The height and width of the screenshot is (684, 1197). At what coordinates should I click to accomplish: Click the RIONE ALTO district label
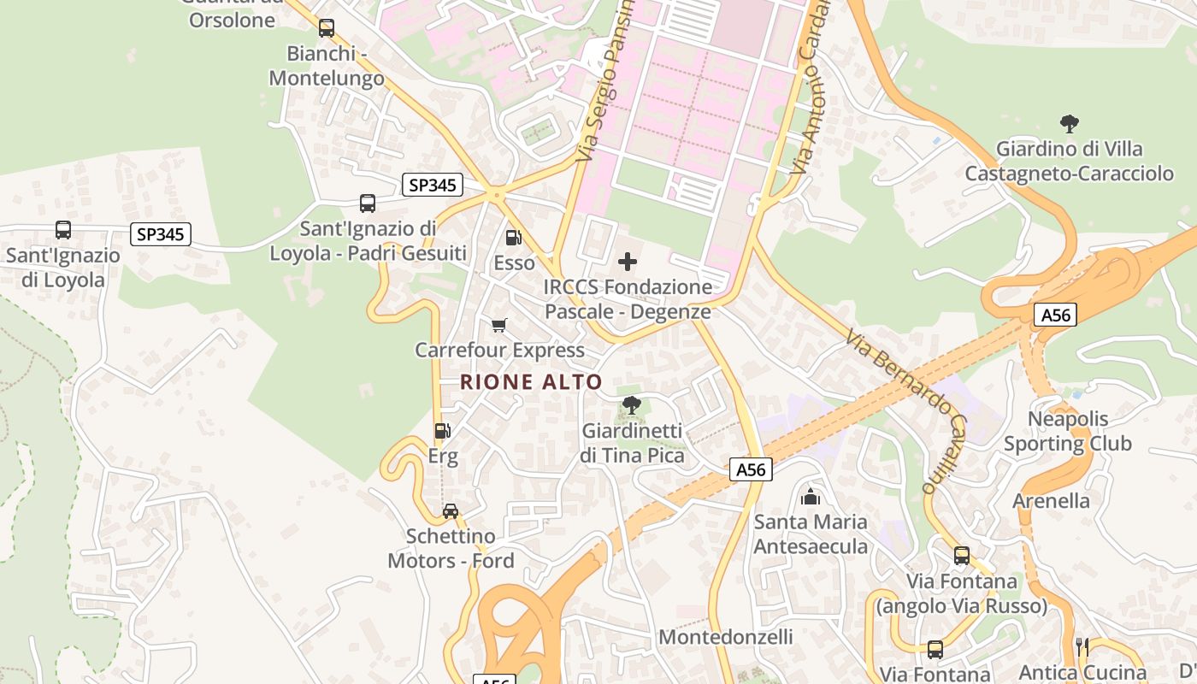click(x=531, y=381)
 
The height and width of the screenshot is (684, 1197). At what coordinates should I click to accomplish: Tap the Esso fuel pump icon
click(x=513, y=238)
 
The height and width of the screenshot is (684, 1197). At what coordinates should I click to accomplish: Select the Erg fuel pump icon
click(x=442, y=431)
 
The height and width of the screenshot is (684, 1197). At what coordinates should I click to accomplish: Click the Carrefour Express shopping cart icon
click(x=499, y=325)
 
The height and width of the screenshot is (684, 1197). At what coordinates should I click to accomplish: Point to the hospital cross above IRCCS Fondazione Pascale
click(x=628, y=262)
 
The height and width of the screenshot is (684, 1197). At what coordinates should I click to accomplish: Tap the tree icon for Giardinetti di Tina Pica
click(x=632, y=405)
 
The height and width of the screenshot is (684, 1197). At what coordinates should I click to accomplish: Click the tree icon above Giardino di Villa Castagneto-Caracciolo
click(x=1069, y=124)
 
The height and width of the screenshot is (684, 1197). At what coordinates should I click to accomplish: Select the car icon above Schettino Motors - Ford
click(x=450, y=511)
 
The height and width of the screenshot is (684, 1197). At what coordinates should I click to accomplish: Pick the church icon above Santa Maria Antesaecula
click(x=811, y=496)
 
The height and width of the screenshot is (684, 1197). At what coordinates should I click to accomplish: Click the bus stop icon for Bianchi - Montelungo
click(x=326, y=28)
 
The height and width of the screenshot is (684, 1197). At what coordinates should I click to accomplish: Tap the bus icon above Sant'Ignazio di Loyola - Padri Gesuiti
click(x=368, y=203)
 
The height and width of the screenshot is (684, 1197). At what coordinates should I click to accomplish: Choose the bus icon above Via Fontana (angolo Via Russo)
click(x=962, y=556)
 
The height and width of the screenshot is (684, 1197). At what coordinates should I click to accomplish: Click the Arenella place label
click(x=1051, y=500)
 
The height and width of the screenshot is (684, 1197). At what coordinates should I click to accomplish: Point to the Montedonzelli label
click(x=726, y=637)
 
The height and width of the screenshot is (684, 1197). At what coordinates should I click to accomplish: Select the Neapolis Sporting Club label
click(x=1068, y=431)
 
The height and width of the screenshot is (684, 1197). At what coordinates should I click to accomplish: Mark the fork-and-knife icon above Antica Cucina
click(x=1082, y=646)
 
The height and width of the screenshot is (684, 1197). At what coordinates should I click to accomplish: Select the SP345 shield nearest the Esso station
click(x=433, y=185)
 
